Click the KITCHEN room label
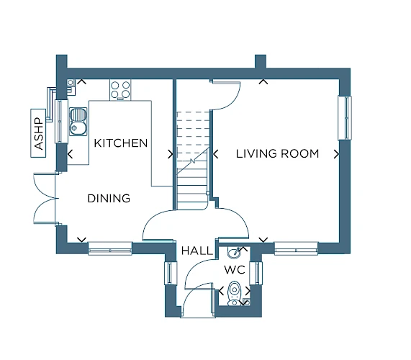click(121, 143)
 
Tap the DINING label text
click(109, 199)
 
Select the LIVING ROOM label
click(278, 153)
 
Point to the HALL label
click(197, 251)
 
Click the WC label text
click(235, 269)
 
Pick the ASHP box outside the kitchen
click(38, 133)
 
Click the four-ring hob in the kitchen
click(120, 90)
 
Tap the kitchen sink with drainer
click(78, 122)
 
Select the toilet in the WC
click(234, 294)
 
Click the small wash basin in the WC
click(233, 252)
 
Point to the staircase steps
click(193, 161)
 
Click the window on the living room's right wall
click(345, 118)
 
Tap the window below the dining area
click(110, 248)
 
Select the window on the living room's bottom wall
click(296, 248)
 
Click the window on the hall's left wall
click(171, 273)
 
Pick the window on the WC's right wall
click(256, 273)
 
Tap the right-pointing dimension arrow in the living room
click(337, 154)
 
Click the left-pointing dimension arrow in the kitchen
click(70, 154)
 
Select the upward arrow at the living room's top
click(263, 81)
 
